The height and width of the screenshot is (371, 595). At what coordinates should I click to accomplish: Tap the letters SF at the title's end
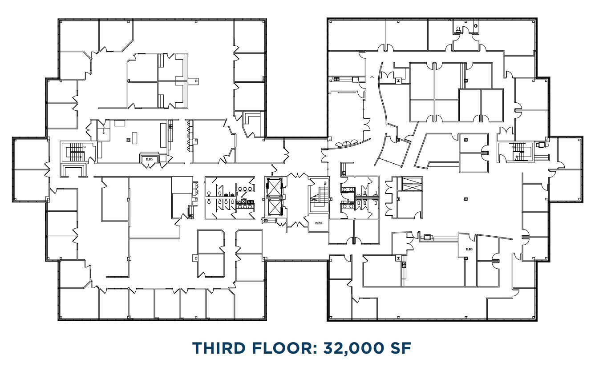pyautogui.click(x=399, y=348)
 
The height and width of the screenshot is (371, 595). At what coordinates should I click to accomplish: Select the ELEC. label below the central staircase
pyautogui.click(x=319, y=223)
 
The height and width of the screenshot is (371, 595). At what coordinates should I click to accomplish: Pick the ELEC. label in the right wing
pyautogui.click(x=469, y=249)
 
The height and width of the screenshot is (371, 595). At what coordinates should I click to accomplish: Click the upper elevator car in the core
pyautogui.click(x=273, y=186)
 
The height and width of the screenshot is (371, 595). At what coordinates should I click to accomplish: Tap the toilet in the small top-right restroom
pyautogui.click(x=458, y=30)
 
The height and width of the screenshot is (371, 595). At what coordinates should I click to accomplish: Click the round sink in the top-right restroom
pyautogui.click(x=475, y=27)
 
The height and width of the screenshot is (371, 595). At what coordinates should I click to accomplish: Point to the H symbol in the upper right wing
pyautogui.click(x=398, y=81)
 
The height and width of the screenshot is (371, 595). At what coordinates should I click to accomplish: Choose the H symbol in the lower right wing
pyautogui.click(x=398, y=258)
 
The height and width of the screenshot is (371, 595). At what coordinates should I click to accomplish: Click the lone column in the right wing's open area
pyautogui.click(x=465, y=198)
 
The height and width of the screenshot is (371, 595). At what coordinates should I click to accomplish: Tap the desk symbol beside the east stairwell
pyautogui.click(x=542, y=145)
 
